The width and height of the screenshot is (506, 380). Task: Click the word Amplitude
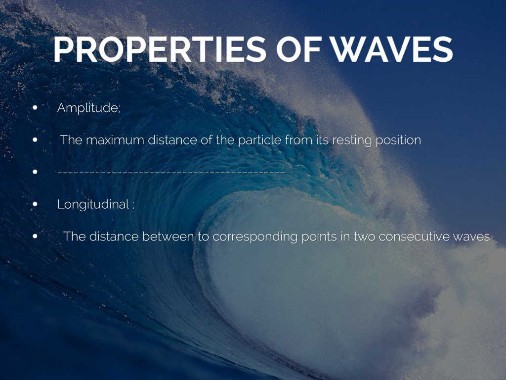pyautogui.click(x=87, y=108)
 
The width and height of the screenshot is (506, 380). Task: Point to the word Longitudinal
pyautogui.click(x=93, y=204)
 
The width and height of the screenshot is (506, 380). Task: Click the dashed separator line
pyautogui.click(x=171, y=172)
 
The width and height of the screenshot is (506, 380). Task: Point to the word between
pyautogui.click(x=168, y=237)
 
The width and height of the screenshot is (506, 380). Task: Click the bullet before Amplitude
pyautogui.click(x=35, y=108)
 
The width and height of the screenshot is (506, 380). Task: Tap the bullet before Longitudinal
pyautogui.click(x=35, y=204)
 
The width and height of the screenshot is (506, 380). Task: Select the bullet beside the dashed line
pyautogui.click(x=35, y=172)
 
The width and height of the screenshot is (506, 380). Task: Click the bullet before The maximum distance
pyautogui.click(x=35, y=140)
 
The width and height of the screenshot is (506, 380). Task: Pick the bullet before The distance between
pyautogui.click(x=35, y=236)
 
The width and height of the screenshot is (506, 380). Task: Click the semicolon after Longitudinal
pyautogui.click(x=133, y=205)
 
